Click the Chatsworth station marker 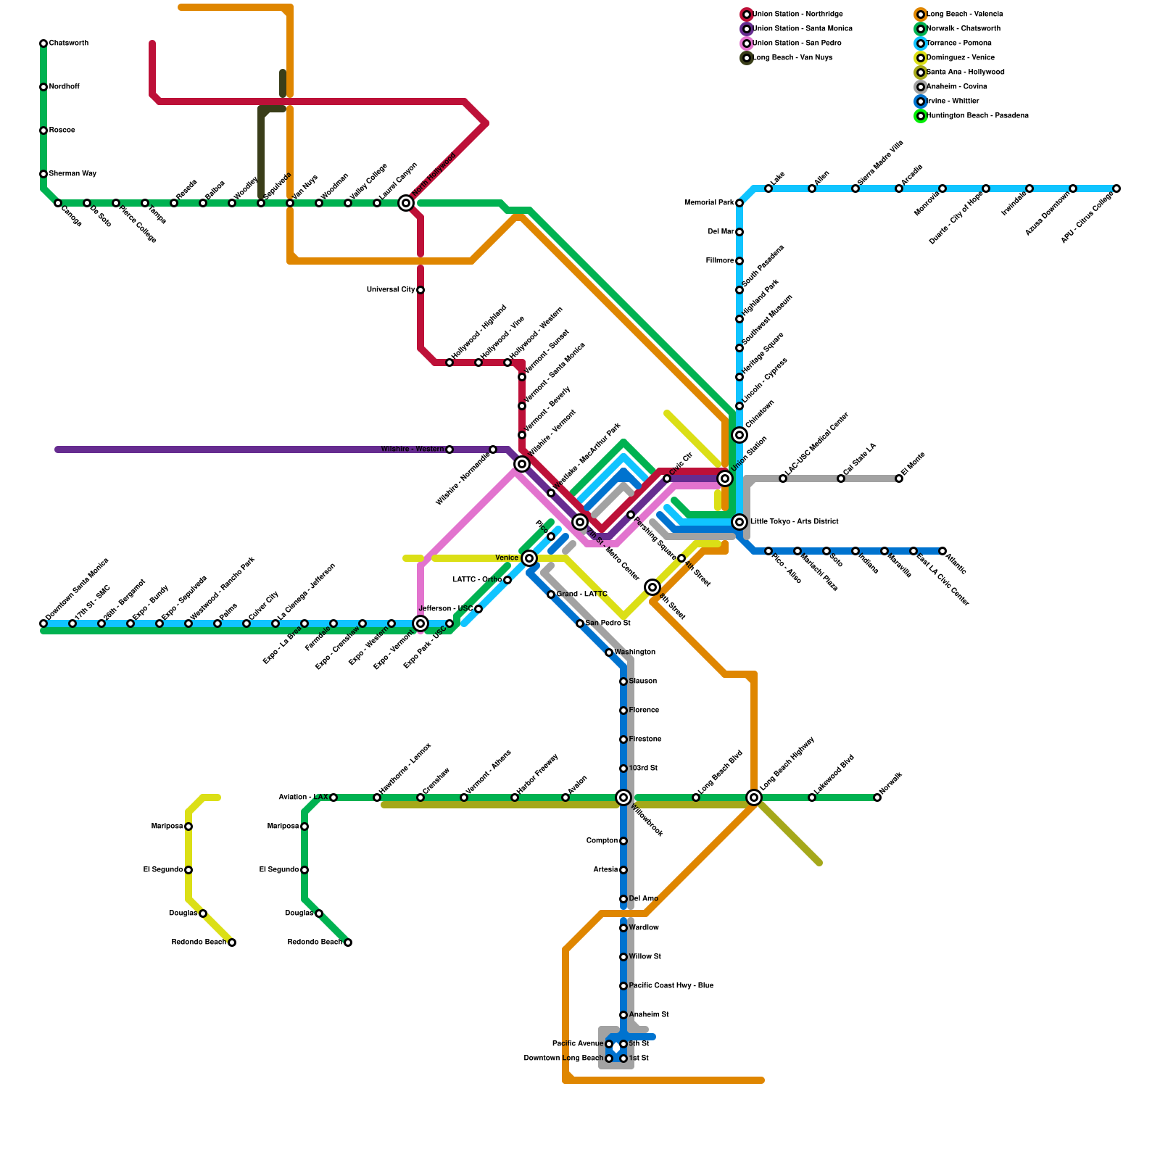click(43, 43)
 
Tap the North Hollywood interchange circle click(406, 203)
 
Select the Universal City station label click(391, 290)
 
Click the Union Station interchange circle click(725, 478)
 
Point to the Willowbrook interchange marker click(623, 797)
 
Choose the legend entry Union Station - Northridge click(797, 14)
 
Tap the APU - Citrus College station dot click(1116, 188)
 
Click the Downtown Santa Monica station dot click(43, 623)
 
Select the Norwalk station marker click(877, 797)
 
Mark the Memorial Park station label click(709, 203)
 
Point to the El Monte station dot click(899, 478)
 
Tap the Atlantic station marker click(942, 551)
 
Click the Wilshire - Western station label click(412, 449)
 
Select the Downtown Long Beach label click(563, 1058)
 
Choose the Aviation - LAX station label click(303, 797)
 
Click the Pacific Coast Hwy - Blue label click(671, 986)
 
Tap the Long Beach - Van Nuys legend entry click(792, 58)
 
